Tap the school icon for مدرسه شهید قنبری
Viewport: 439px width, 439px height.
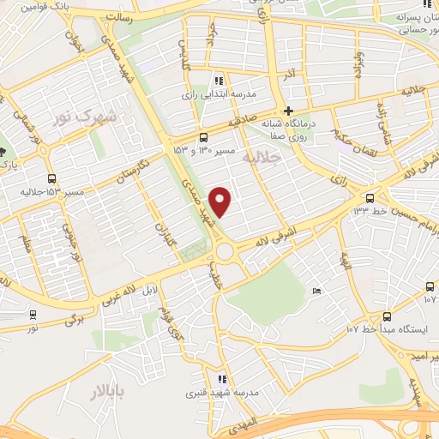click(x=222, y=378)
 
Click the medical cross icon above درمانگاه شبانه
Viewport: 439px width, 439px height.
click(x=289, y=111)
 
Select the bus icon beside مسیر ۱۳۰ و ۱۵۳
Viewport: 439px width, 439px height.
click(x=203, y=137)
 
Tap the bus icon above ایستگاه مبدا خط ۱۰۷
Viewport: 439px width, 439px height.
click(x=387, y=316)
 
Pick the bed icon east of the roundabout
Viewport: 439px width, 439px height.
click(x=316, y=292)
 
